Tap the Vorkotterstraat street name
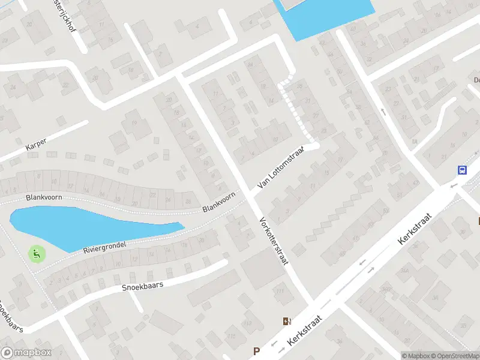point(272,242)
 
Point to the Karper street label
point(36,145)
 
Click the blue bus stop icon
point(462,170)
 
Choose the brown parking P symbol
point(257,351)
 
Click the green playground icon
point(37,254)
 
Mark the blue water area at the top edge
point(327,15)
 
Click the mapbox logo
point(26,353)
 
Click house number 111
point(280,292)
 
